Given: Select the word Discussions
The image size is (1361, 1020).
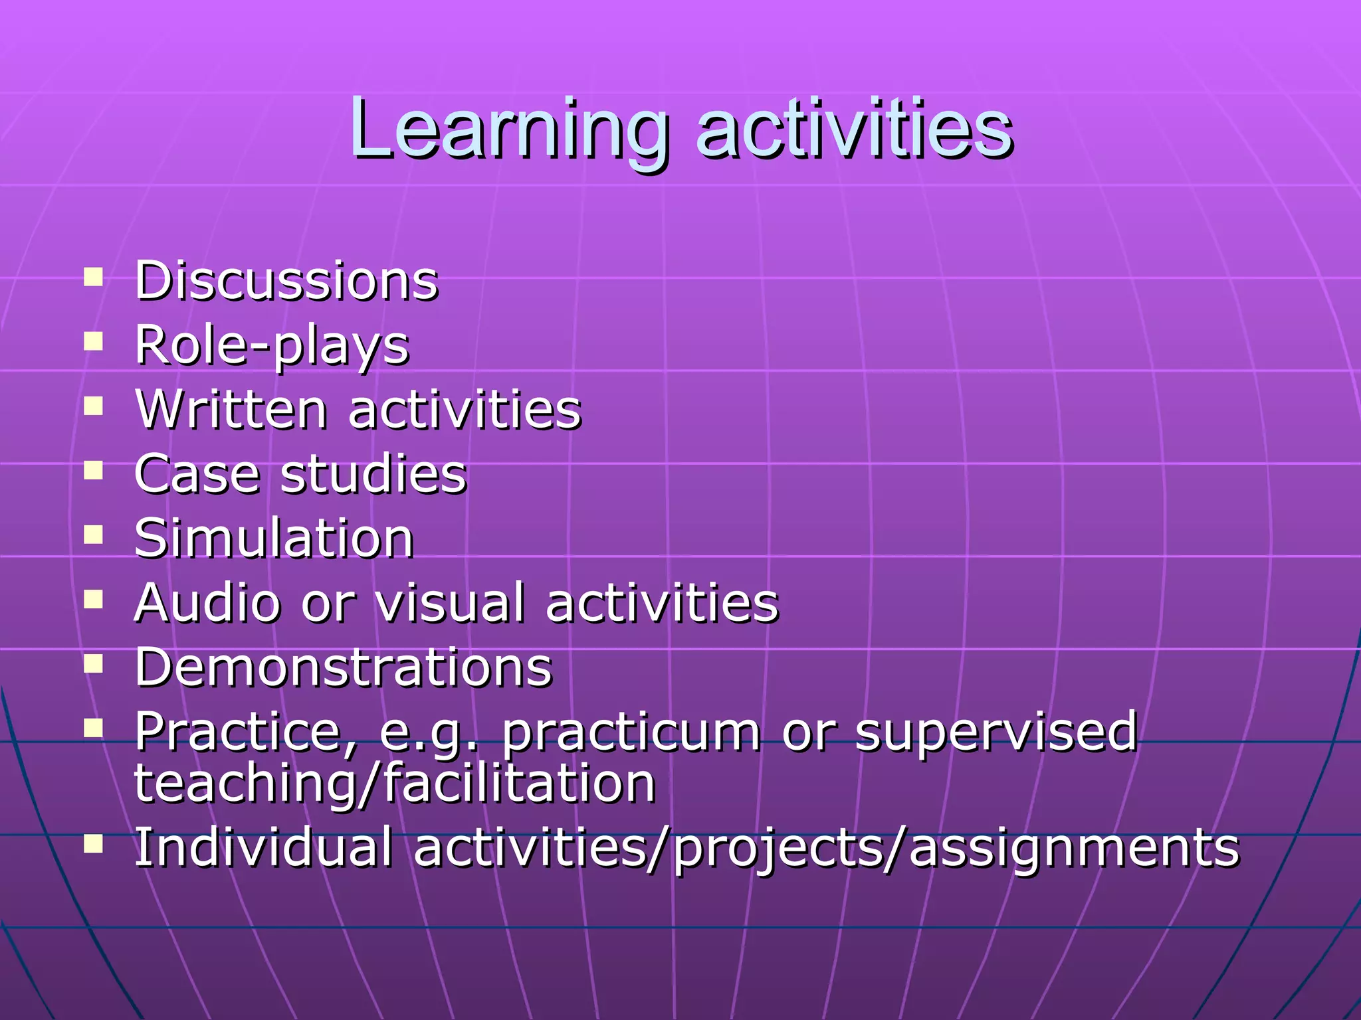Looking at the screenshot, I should (286, 280).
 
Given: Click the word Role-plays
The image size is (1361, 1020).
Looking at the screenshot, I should (272, 345).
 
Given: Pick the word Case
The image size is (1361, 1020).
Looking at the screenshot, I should (197, 473).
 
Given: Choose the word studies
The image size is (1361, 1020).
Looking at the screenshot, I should (373, 473).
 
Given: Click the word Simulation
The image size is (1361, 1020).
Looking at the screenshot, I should (274, 538).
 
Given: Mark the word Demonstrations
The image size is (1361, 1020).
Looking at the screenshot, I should (343, 667).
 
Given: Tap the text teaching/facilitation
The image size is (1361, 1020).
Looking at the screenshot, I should (395, 784).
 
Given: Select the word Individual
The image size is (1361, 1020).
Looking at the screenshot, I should (263, 847).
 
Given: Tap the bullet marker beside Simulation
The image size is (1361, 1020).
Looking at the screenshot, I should (94, 534).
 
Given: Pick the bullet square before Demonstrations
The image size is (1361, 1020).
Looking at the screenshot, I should (94, 663).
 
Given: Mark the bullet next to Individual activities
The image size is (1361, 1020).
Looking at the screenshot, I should (94, 843).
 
